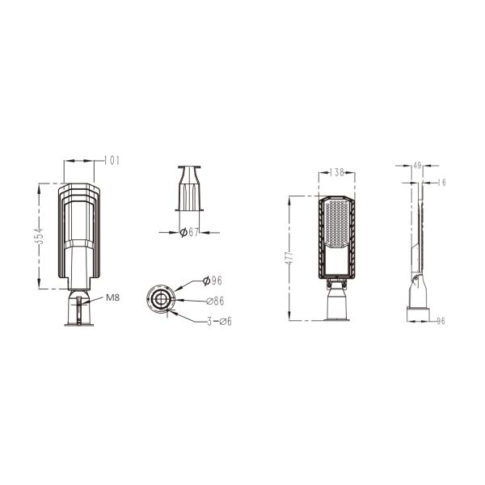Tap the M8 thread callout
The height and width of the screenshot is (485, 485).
click(x=112, y=297)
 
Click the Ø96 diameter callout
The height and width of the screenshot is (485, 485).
click(x=212, y=280)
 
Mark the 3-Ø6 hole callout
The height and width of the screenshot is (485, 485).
click(x=219, y=321)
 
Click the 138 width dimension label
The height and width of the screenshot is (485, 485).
click(x=339, y=173)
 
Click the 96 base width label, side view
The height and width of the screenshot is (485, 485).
click(x=441, y=320)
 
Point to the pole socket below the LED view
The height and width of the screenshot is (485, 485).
click(x=338, y=304)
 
